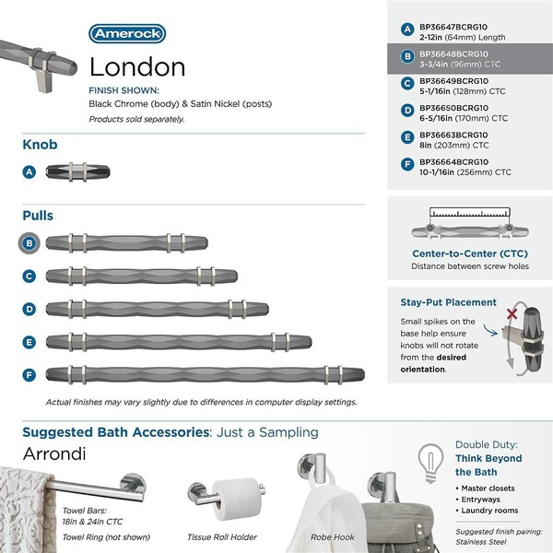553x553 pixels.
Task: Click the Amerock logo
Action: click(x=126, y=34)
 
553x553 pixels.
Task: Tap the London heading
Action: click(x=137, y=67)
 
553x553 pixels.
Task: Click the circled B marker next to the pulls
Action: click(x=30, y=243)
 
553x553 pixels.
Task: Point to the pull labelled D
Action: click(x=157, y=309)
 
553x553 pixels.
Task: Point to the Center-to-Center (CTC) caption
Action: click(x=468, y=253)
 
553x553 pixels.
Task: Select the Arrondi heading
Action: click(x=56, y=455)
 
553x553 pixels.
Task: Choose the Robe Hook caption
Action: click(x=332, y=536)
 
